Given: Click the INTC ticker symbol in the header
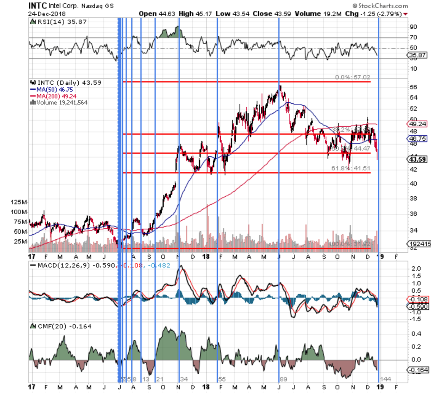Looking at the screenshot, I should coord(37,5).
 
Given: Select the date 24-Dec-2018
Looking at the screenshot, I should coord(47,14).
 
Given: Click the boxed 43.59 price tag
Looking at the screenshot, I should coord(418,159).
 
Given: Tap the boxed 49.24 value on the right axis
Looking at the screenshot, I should coord(418,124).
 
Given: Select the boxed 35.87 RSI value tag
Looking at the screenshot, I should coord(418,55).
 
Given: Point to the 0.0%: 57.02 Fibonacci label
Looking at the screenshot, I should coord(352,78).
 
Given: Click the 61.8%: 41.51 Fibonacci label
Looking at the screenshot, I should coord(351,168).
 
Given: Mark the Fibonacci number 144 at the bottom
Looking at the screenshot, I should coord(385,379).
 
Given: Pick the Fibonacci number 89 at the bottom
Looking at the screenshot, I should coord(283,379).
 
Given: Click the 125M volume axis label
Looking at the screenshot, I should coord(19,202).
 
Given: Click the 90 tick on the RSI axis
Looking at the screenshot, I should coord(413,27).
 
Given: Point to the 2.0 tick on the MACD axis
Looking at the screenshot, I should coord(416,269).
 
